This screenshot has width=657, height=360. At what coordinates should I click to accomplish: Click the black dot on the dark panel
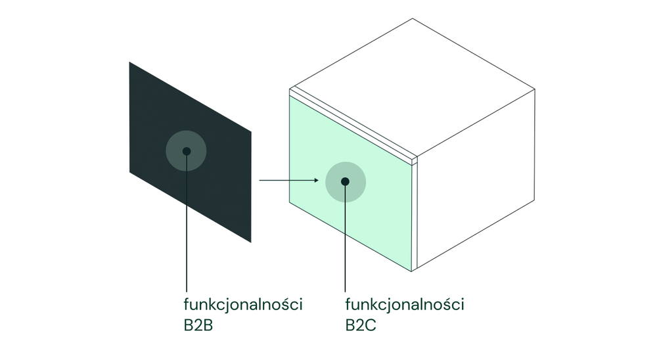coord(187,151)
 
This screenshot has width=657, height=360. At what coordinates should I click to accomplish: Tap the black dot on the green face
coord(345,181)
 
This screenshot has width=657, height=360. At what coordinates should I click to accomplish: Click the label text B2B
coord(198,325)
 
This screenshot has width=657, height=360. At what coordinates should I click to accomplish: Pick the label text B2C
coord(360,325)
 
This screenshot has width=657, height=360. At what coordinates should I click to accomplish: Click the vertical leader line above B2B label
coord(187,230)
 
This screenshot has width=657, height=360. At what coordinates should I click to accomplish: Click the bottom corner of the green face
coord(411,271)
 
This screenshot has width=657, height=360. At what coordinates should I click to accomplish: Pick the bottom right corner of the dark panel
coord(251,242)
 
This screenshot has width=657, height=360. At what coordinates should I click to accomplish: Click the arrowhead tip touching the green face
coord(318,179)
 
